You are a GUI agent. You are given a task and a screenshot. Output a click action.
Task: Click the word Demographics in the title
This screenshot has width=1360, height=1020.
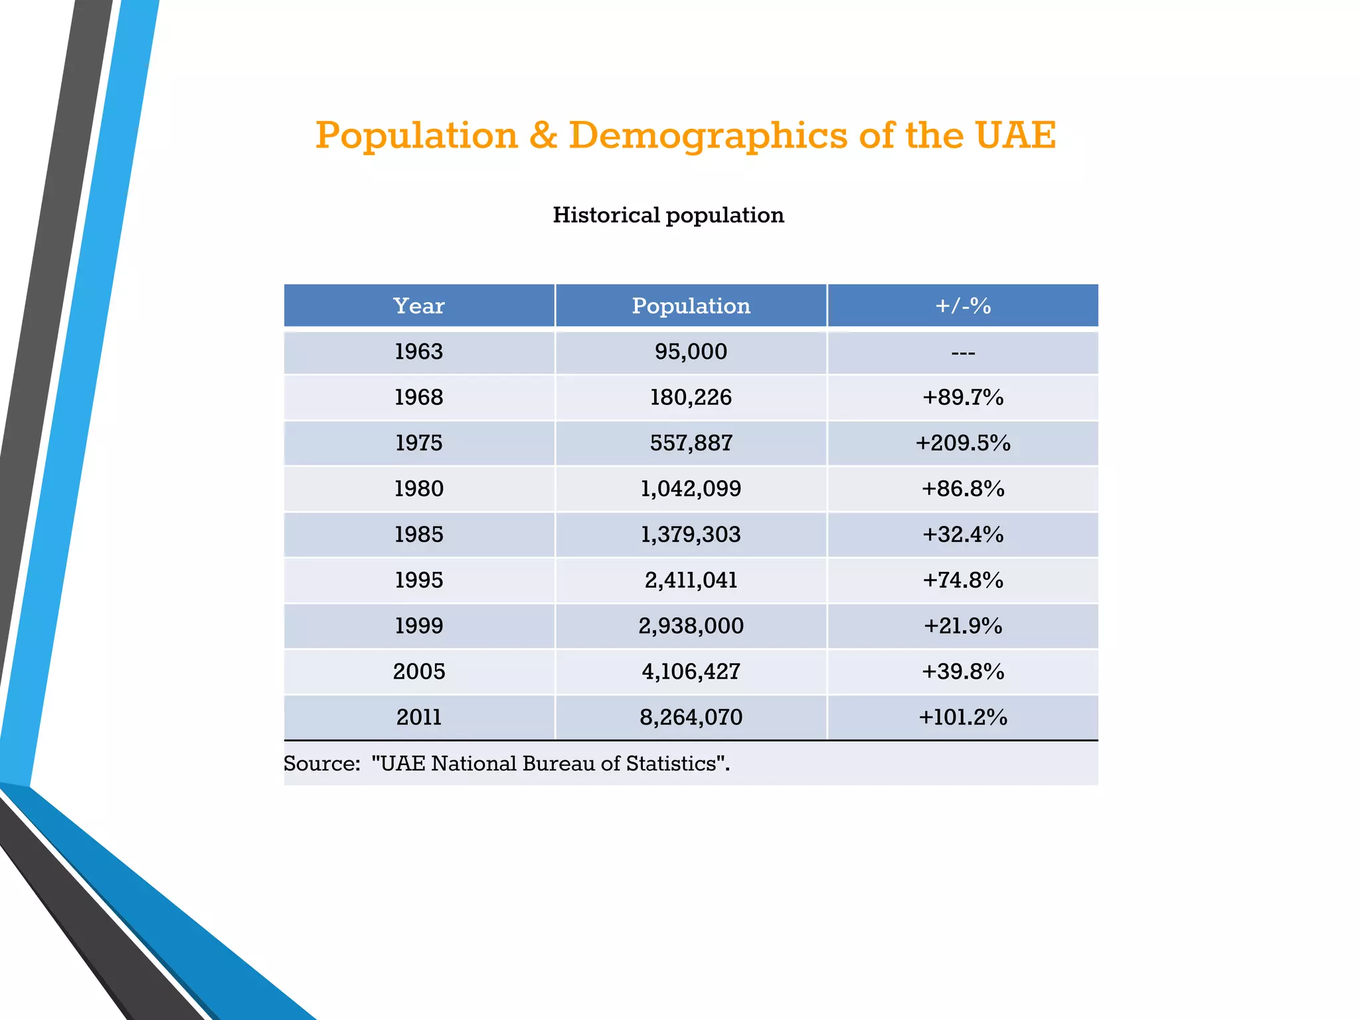[x=708, y=135]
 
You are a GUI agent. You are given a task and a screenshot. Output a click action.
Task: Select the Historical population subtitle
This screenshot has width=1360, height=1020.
[x=668, y=215]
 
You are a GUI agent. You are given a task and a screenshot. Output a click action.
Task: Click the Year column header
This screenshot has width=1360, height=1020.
[x=418, y=305]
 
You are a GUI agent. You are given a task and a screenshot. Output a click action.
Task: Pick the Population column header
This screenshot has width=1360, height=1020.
[x=691, y=305]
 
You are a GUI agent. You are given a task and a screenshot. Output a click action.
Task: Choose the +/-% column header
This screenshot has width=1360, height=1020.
[x=962, y=305]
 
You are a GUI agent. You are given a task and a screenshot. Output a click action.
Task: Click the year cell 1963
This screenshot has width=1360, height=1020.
[x=418, y=351]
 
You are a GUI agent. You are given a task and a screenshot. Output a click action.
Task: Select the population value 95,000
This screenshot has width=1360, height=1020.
[x=691, y=351]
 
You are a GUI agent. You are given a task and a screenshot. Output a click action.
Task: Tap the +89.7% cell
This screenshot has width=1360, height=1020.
[x=962, y=397]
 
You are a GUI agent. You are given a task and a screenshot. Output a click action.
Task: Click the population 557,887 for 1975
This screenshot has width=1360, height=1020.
[x=691, y=443]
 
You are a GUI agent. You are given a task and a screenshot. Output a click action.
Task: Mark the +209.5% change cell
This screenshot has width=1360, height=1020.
[x=962, y=443]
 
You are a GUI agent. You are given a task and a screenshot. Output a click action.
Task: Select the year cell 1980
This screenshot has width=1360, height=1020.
[x=418, y=489]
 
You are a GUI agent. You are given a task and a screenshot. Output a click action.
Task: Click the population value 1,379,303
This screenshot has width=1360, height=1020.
[x=691, y=535]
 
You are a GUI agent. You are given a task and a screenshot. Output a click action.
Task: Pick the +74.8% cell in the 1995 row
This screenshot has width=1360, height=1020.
[x=962, y=580]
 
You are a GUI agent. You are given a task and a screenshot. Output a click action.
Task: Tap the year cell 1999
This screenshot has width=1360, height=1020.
[x=418, y=626]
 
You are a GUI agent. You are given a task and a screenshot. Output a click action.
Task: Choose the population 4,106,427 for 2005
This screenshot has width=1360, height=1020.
[x=691, y=671]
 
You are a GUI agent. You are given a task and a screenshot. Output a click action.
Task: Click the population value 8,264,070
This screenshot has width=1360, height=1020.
[x=691, y=717]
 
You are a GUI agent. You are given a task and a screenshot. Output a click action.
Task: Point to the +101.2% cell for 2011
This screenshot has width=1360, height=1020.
[x=962, y=717]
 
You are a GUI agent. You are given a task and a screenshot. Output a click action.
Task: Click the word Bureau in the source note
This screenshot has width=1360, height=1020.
[x=558, y=764]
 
